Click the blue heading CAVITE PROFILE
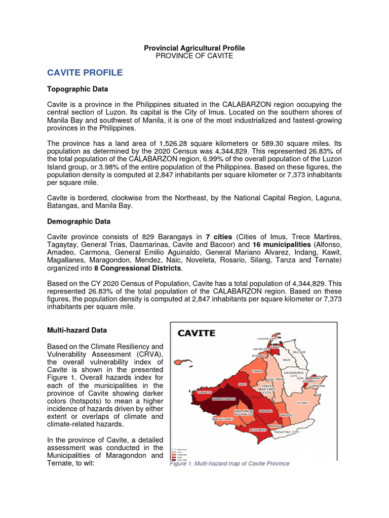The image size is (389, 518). (x=85, y=72)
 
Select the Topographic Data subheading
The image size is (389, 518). (x=77, y=89)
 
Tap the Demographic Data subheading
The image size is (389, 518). (x=79, y=222)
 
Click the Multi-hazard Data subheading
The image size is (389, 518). (x=77, y=330)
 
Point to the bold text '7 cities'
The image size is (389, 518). (x=219, y=237)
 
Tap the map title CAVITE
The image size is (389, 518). (x=196, y=333)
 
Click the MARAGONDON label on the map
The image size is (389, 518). (x=212, y=399)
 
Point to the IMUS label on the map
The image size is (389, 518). (x=286, y=360)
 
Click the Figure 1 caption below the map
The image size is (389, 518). (x=229, y=464)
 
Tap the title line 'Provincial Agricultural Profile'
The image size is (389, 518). (x=194, y=48)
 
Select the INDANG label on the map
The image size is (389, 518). (x=266, y=411)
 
